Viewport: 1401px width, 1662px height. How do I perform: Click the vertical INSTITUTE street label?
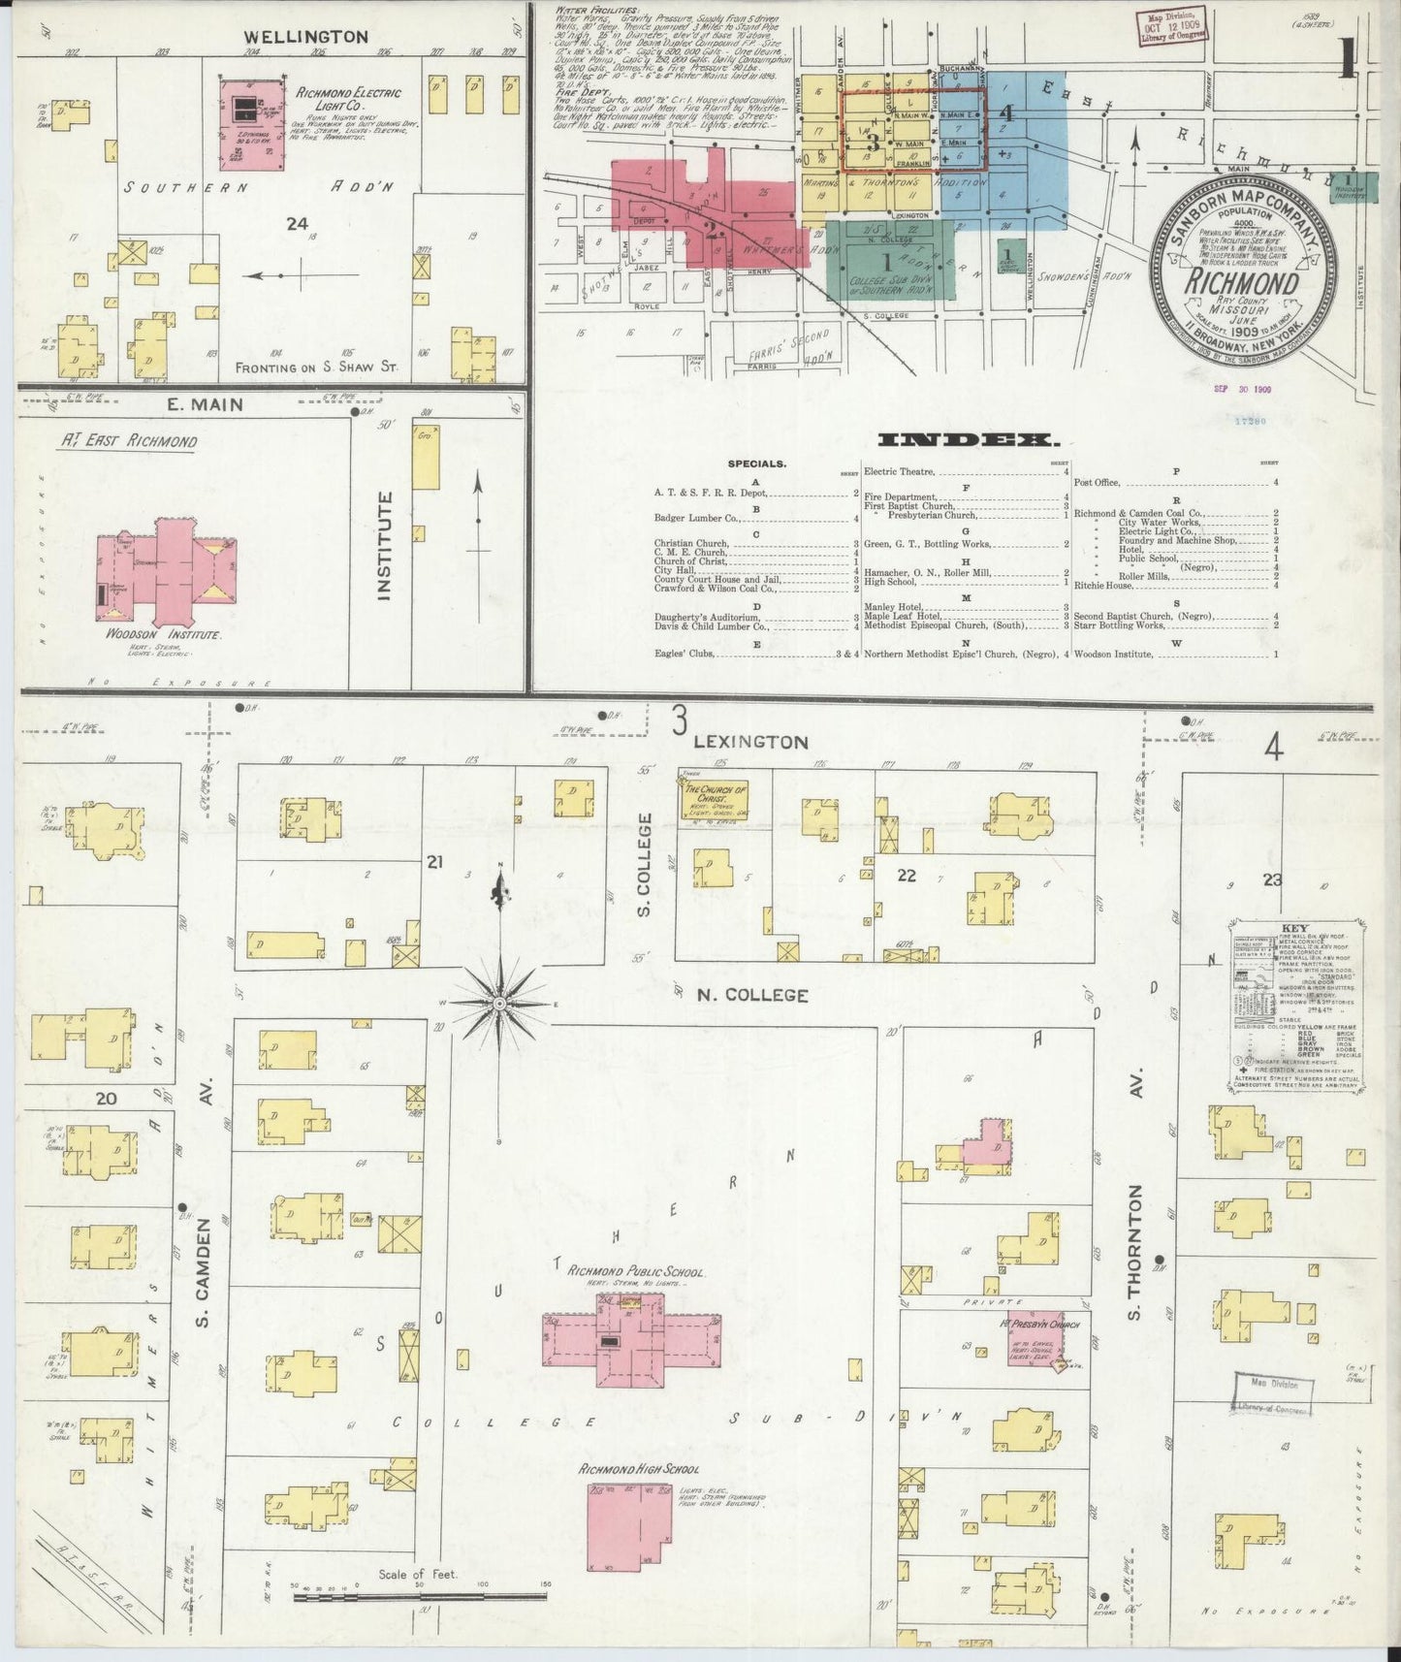384,545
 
